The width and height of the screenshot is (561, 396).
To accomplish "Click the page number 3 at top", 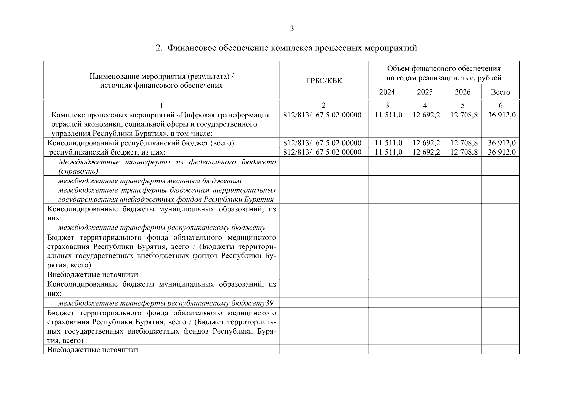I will coord(292,29).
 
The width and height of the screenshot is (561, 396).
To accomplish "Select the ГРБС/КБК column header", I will coord(324,81).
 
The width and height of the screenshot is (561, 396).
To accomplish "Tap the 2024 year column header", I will coord(387,92).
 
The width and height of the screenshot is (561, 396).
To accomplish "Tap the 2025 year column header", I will coord(425,92).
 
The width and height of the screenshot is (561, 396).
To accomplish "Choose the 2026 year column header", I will coord(463,92).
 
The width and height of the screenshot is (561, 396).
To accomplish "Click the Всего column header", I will coord(500,92).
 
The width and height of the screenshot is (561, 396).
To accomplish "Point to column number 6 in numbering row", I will coord(500,105).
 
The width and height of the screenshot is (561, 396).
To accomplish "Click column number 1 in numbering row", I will coord(161,105).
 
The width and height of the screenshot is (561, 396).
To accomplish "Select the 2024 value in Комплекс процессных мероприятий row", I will coord(389,115).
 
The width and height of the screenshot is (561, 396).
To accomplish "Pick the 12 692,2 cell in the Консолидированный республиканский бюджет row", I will coord(426,143).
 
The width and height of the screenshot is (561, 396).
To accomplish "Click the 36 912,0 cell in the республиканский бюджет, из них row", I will coord(502,152).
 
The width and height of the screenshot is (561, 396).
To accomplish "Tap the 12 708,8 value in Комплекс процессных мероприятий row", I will coord(464,115).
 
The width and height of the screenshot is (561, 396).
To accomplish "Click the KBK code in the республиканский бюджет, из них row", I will coord(322,152).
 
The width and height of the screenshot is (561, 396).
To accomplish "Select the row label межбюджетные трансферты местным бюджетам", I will coord(150,181).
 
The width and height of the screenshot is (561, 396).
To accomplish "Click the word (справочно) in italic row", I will coord(78,171).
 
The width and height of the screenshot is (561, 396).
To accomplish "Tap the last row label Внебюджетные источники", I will coord(93,350).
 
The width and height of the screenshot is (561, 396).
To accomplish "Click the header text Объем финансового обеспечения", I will coord(444,69).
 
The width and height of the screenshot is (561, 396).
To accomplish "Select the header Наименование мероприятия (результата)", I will coord(161,77).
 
